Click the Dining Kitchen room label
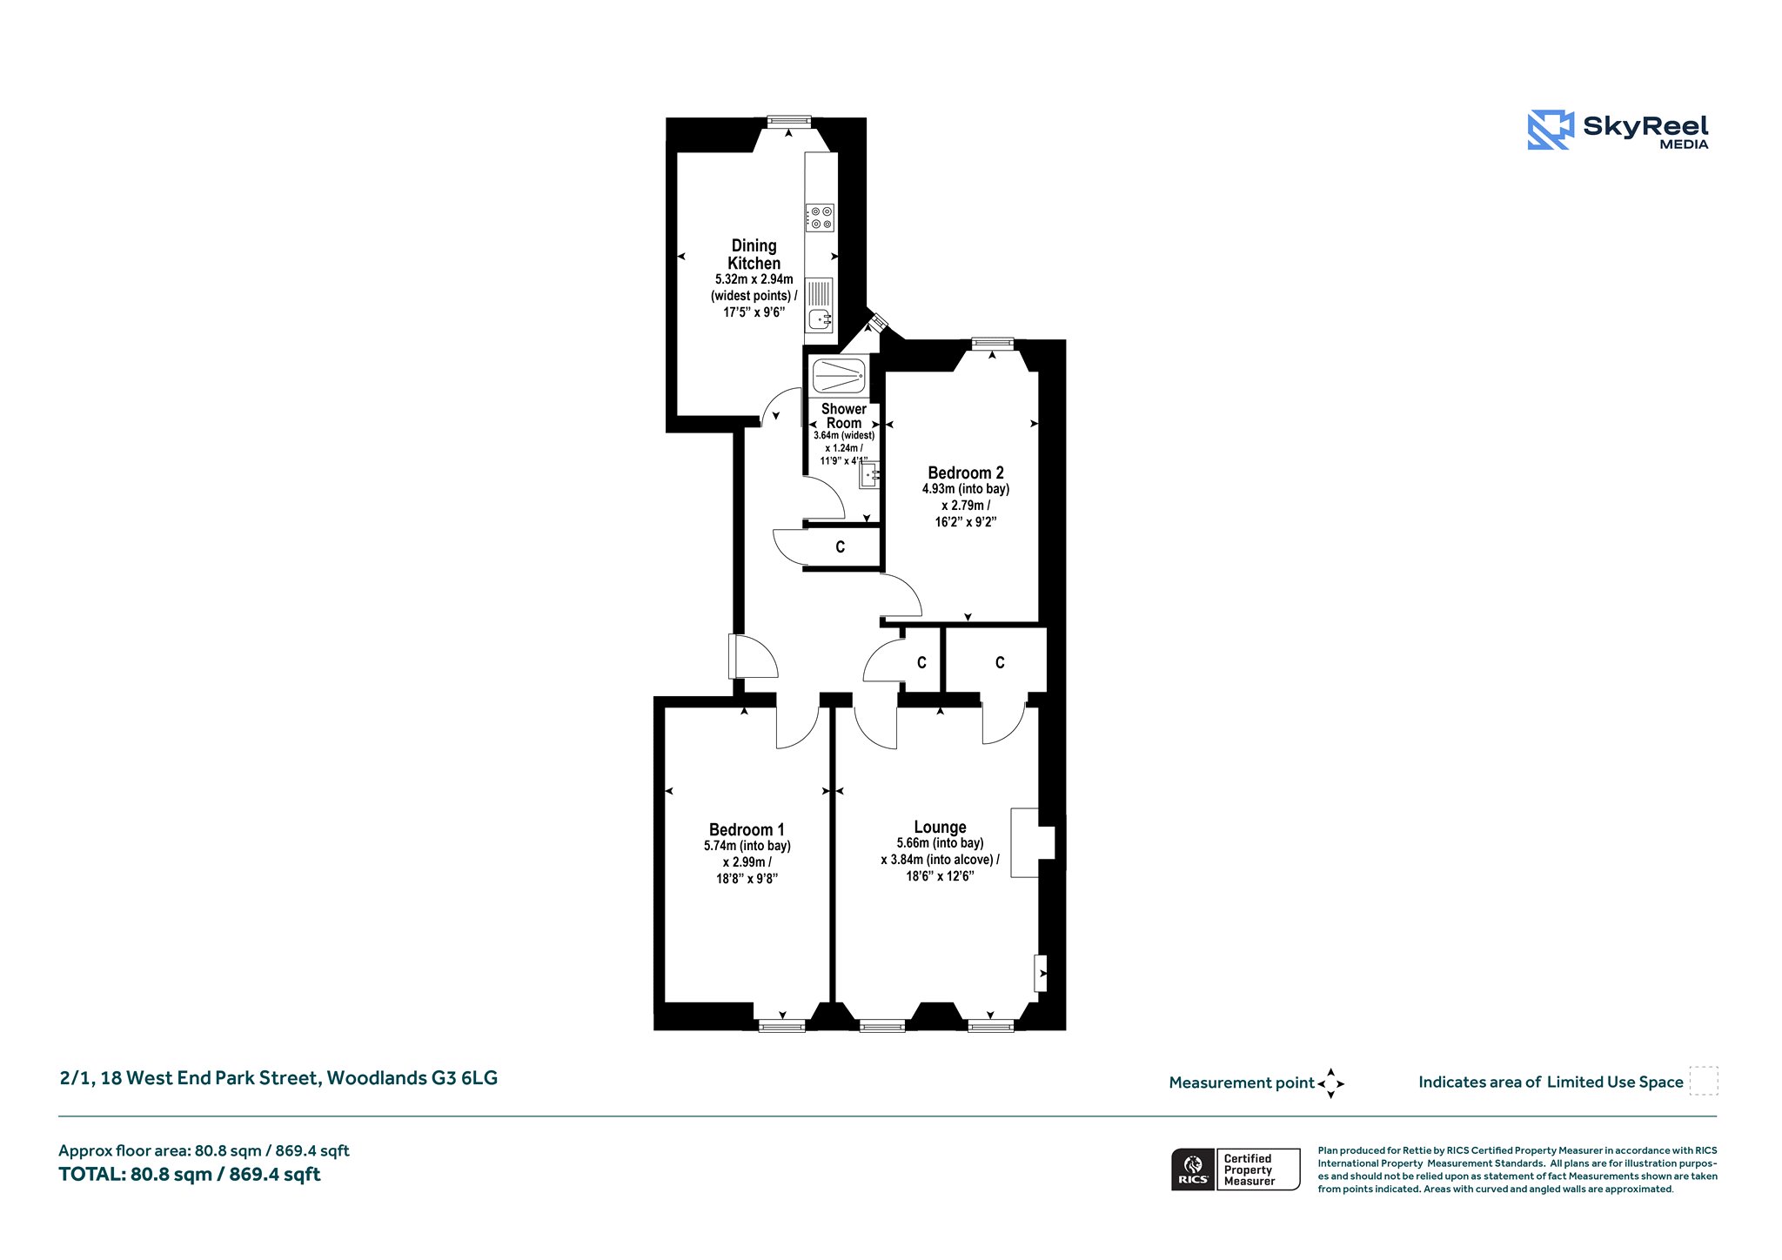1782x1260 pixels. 754,254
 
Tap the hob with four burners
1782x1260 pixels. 820,218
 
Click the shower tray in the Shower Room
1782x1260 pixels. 839,376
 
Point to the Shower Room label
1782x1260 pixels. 844,416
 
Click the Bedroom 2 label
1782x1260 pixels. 966,473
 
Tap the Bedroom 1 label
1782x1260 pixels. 747,829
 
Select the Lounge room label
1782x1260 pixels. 940,827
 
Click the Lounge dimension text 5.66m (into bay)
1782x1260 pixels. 940,843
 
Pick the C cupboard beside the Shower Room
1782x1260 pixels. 841,547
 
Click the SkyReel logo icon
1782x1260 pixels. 1551,130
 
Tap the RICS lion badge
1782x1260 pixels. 1194,1169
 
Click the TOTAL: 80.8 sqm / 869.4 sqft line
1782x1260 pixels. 190,1175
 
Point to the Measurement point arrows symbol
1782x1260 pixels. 1330,1083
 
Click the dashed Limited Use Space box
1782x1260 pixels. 1704,1081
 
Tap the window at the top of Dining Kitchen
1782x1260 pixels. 789,122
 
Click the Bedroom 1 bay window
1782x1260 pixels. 782,1027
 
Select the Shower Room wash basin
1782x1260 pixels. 869,475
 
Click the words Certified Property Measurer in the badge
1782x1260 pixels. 1249,1170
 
